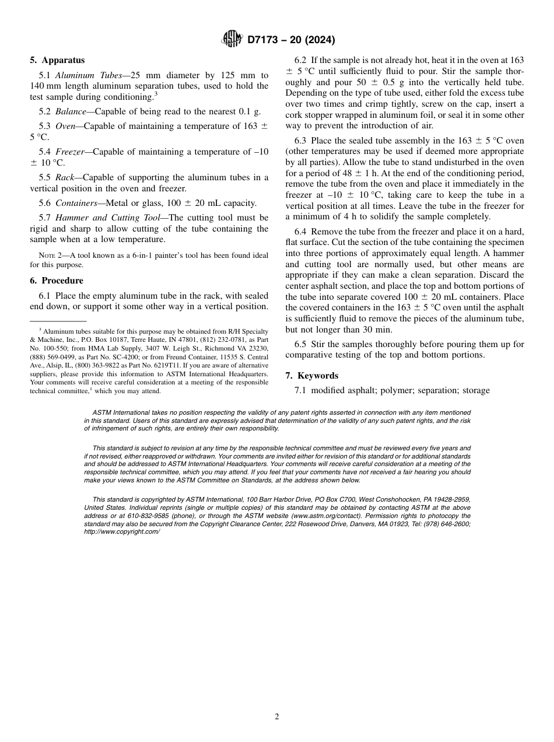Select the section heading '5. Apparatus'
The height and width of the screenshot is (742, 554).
pyautogui.click(x=57, y=60)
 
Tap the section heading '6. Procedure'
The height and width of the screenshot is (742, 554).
pyautogui.click(x=57, y=281)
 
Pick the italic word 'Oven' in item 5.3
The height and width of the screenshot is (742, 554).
pyautogui.click(x=66, y=126)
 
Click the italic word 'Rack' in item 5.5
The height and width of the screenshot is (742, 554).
pyautogui.click(x=65, y=177)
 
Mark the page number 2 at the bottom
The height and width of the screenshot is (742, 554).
pyautogui.click(x=277, y=717)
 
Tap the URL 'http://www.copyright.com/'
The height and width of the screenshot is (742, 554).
pyautogui.click(x=122, y=532)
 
